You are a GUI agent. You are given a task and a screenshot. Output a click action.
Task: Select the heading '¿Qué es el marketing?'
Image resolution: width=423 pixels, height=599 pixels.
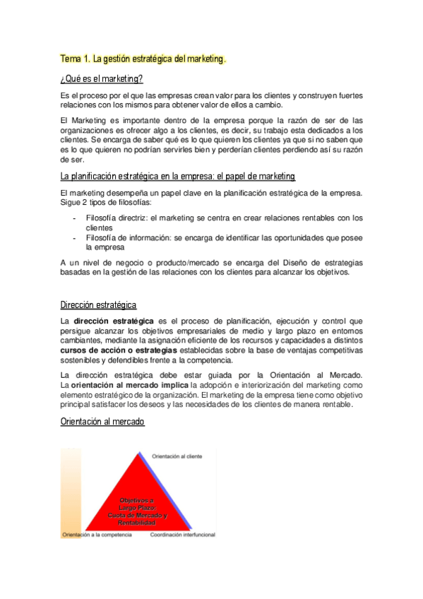(102, 78)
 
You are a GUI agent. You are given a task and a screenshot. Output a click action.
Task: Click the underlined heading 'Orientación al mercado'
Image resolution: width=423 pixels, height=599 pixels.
(102, 422)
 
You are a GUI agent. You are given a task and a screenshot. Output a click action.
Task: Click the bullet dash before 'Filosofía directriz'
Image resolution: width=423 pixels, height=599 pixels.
(75, 218)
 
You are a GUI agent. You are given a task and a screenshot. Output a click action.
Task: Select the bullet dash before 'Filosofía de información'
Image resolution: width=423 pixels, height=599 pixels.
(75, 238)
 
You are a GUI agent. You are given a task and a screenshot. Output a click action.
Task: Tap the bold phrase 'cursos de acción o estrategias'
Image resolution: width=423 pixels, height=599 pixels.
(119, 350)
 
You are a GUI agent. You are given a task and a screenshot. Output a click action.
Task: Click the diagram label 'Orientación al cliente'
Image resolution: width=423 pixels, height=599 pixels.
(177, 456)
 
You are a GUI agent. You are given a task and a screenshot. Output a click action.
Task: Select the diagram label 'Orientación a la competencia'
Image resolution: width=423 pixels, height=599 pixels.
(96, 535)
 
